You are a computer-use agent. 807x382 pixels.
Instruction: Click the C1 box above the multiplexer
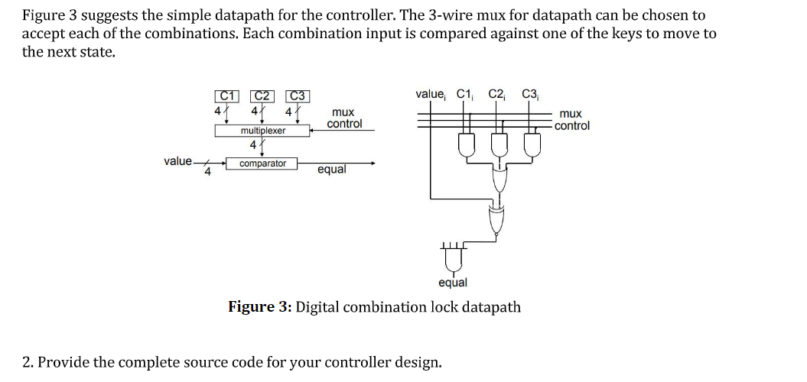pos(226,96)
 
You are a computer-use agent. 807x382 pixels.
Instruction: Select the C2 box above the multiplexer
pos(262,96)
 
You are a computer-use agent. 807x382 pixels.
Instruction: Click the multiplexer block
pos(262,131)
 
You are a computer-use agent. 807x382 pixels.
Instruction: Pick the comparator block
pos(262,163)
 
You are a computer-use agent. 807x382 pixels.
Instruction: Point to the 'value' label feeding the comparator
pos(177,161)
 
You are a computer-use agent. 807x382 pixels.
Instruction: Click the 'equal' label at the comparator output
pos(331,170)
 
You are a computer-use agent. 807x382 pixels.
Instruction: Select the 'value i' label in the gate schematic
pos(430,95)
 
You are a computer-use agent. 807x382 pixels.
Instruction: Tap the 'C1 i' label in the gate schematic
pos(465,95)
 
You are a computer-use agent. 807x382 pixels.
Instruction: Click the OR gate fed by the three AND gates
pos(499,181)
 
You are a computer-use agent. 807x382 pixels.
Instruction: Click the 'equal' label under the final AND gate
pos(453,283)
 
